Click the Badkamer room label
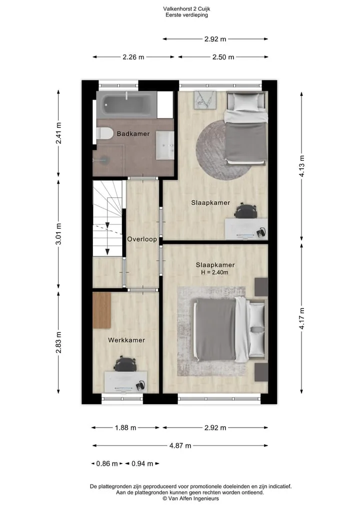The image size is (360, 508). click(133, 133)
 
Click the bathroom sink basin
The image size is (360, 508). click(165, 145)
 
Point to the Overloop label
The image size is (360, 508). click(142, 239)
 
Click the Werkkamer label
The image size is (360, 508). click(126, 340)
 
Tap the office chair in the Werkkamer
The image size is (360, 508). click(125, 364)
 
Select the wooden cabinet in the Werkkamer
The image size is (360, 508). click(102, 310)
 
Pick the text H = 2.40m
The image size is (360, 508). click(214, 272)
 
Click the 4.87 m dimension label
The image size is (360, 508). click(180, 446)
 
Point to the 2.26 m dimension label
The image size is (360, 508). click(133, 57)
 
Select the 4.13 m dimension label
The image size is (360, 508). click(302, 166)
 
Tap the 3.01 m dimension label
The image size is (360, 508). click(58, 234)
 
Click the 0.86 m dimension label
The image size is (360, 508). click(107, 464)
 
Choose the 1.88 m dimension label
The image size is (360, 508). click(125, 428)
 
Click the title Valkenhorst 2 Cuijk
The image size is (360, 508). click(187, 9)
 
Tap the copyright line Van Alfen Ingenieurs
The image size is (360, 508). click(190, 499)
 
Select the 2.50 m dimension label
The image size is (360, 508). click(223, 57)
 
